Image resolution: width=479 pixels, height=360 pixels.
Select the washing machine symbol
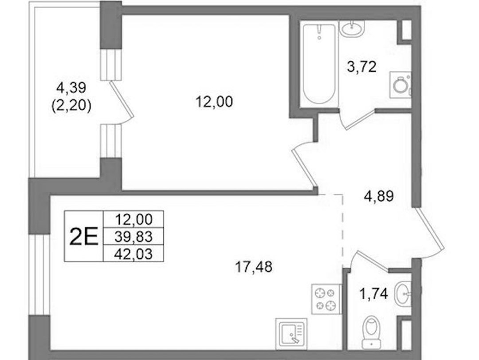tap(400, 85)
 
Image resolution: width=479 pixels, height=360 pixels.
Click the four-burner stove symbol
tap(326, 299)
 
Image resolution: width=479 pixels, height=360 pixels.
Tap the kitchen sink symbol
tap(291, 334)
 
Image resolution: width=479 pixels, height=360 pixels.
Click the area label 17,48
tap(253, 267)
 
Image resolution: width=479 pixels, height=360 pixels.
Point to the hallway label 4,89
tap(378, 196)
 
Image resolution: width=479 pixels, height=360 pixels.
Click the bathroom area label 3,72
tap(362, 67)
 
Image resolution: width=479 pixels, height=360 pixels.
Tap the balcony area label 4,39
tap(71, 88)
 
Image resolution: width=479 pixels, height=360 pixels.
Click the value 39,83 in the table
tap(133, 237)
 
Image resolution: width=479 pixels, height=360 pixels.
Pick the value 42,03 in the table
tap(133, 253)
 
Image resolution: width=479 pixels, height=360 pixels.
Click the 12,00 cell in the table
tap(133, 219)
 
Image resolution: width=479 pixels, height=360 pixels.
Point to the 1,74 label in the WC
tap(373, 294)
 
